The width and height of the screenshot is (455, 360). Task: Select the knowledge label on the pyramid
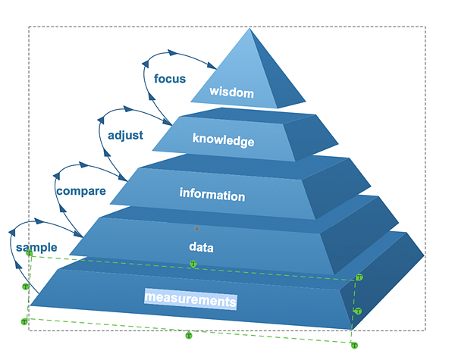click(223, 139)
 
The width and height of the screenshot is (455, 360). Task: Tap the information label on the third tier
click(212, 195)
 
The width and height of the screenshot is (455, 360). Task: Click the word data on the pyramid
click(202, 247)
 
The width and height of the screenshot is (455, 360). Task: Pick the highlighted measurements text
click(190, 301)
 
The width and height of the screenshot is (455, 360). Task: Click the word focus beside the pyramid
click(169, 79)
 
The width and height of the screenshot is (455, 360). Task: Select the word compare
click(81, 191)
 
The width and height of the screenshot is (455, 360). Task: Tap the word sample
click(36, 248)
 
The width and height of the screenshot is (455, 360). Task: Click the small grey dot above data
click(196, 227)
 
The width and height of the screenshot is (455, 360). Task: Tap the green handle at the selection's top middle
click(193, 264)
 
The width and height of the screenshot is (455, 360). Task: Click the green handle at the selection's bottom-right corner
click(353, 345)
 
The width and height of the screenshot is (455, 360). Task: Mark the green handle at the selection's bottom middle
click(190, 334)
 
